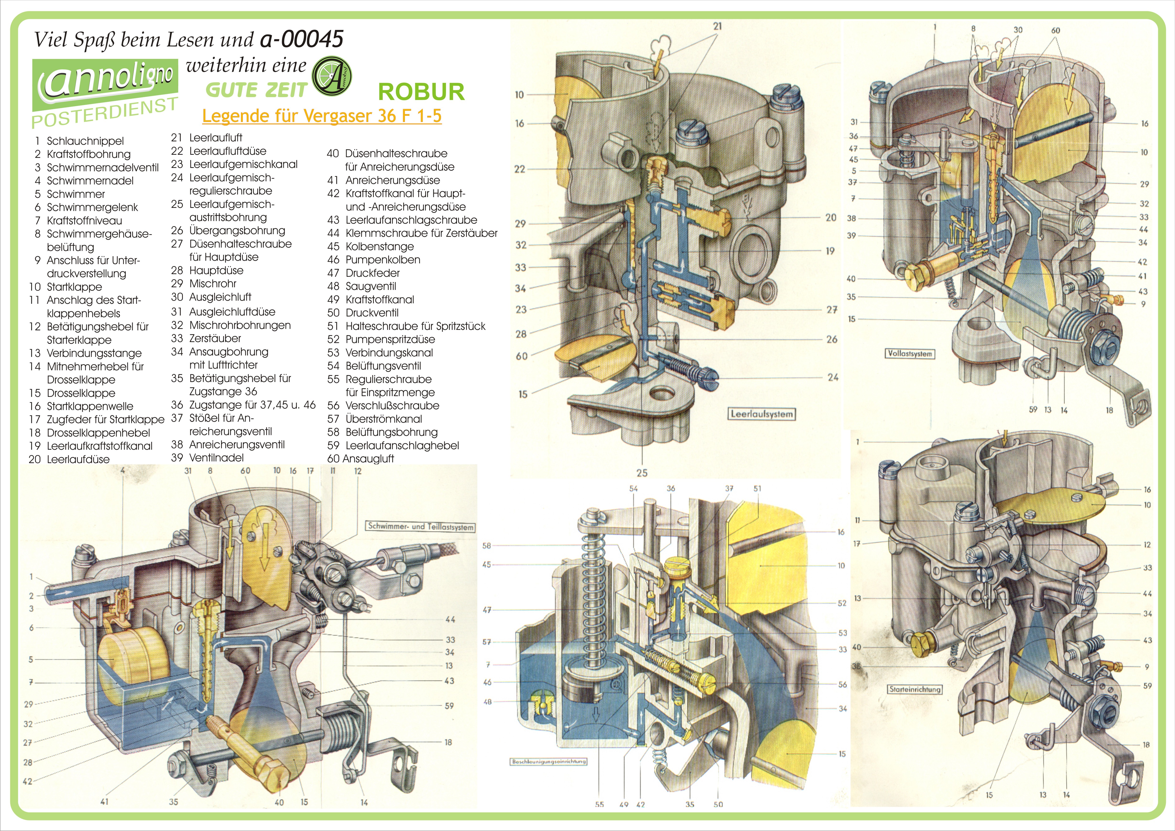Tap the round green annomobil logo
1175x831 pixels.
(x=332, y=76)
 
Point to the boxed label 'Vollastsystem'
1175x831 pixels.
(x=910, y=353)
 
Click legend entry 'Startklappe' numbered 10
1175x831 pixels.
(x=74, y=287)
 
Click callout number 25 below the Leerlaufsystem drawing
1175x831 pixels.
(x=642, y=473)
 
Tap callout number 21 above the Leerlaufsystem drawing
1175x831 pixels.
(x=718, y=26)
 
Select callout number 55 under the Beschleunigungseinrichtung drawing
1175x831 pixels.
(x=599, y=804)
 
